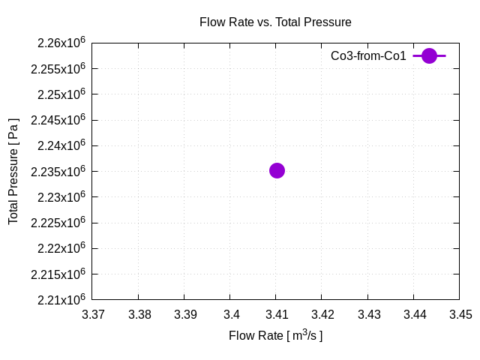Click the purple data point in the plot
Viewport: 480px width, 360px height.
coord(277,170)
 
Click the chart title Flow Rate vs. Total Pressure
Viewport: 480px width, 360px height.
coord(275,22)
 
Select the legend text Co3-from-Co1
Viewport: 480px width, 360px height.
coord(368,55)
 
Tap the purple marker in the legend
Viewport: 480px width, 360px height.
coord(429,55)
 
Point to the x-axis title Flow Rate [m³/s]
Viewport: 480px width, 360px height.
coord(275,335)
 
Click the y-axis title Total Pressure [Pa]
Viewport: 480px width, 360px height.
coord(13,171)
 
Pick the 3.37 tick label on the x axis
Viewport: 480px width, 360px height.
coord(94,314)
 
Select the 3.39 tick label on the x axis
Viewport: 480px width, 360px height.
coord(185,314)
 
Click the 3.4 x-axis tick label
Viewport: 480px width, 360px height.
coord(231,314)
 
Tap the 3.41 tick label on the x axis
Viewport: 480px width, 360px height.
coord(277,314)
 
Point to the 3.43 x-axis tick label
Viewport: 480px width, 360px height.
coord(368,314)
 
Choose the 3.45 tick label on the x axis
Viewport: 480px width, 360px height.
coord(459,314)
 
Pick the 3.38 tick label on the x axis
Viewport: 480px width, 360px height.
coord(139,314)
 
